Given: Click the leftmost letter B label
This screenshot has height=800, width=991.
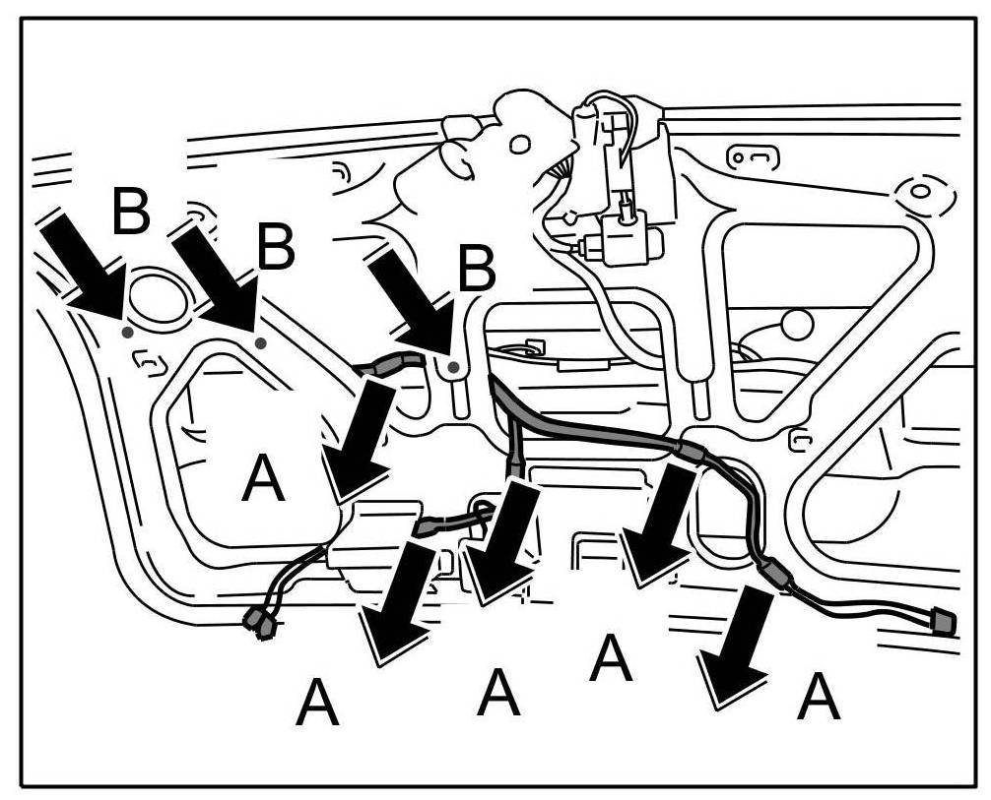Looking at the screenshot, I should coord(131,211).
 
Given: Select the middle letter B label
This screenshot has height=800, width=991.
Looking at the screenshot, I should coord(275,249).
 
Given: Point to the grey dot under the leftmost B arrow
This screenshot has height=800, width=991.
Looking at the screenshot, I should coord(127,333).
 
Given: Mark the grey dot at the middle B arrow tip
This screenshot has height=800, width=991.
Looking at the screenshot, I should coord(260,342).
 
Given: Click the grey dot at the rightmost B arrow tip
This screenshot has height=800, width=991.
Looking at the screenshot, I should coord(452,368).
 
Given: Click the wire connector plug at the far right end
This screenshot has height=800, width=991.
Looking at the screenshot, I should coord(942,622).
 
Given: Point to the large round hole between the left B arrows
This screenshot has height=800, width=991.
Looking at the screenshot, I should coord(159,297).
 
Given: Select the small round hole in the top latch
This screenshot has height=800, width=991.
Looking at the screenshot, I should coord(519,145).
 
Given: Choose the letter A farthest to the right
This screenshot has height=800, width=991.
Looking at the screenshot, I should coord(819,699).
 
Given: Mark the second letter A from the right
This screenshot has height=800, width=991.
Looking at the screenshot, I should coord(611,658).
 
